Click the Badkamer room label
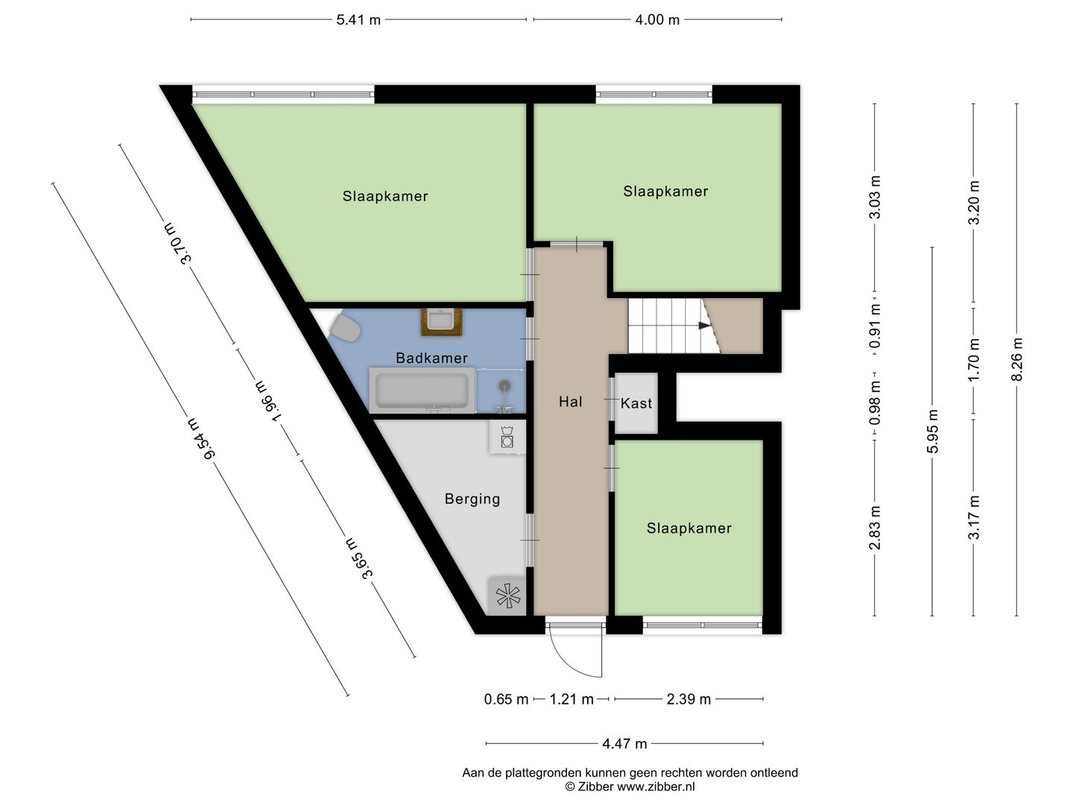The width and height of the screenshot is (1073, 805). tap(431, 358)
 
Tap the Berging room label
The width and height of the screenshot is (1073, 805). tap(472, 499)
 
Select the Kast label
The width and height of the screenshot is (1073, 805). tap(636, 403)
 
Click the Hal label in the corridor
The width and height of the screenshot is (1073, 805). tap(570, 402)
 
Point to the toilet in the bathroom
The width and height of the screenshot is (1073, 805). tap(345, 328)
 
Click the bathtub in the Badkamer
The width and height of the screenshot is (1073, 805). tap(422, 391)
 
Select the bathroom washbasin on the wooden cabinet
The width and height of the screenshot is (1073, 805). tap(441, 321)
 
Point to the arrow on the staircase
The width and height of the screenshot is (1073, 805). tap(703, 325)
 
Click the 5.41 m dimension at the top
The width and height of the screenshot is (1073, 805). tap(358, 20)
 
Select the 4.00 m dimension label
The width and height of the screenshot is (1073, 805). tap(657, 20)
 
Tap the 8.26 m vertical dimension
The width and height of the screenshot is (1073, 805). tap(1017, 359)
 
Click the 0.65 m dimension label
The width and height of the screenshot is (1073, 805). tap(506, 699)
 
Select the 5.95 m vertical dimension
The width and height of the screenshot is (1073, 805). tap(932, 431)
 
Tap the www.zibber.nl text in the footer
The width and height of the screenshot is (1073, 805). tap(656, 786)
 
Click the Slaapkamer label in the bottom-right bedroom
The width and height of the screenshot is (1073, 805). tap(689, 528)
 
